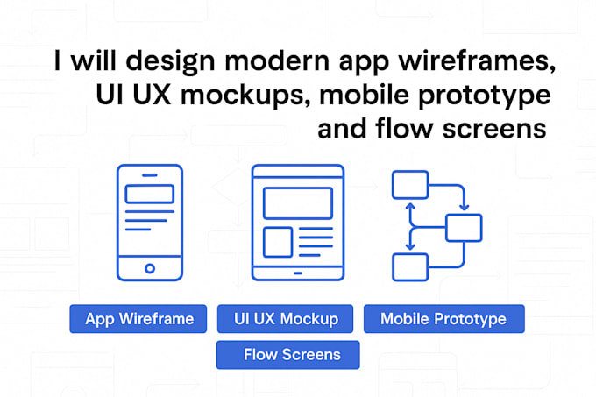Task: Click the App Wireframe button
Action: pyautogui.click(x=139, y=319)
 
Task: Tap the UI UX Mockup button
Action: pyautogui.click(x=286, y=319)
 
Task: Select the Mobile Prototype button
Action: pyautogui.click(x=443, y=319)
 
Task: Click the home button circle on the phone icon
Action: pyautogui.click(x=150, y=268)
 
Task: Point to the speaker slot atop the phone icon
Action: pyautogui.click(x=150, y=175)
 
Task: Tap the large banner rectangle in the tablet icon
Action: pyautogui.click(x=298, y=202)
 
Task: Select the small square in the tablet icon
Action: pyautogui.click(x=278, y=241)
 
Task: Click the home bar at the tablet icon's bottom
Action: pyautogui.click(x=298, y=273)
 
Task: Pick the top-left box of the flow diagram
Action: pyautogui.click(x=409, y=185)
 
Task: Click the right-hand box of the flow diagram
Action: pyautogui.click(x=464, y=227)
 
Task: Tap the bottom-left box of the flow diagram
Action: pyautogui.click(x=409, y=266)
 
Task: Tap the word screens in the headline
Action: pyautogui.click(x=496, y=129)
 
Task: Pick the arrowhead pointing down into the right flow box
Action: pyautogui.click(x=464, y=209)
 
